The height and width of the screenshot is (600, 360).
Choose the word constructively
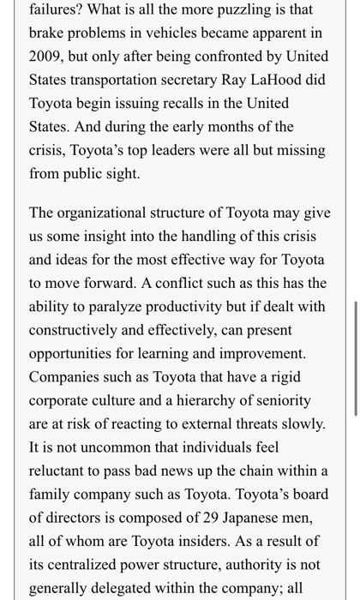(81, 330)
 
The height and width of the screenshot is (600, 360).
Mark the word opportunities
(81, 353)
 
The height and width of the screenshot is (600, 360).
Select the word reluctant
(64, 470)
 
